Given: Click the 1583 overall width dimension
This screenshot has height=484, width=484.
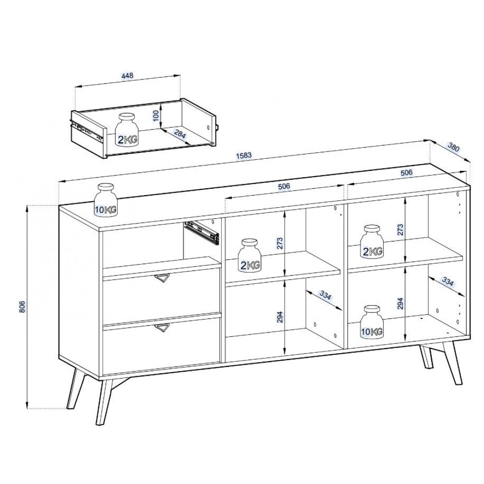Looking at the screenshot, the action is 244,155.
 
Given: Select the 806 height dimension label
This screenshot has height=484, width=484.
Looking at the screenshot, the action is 22,306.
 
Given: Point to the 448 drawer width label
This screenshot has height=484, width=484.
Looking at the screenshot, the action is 127,76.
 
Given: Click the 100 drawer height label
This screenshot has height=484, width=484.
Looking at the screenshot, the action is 156,116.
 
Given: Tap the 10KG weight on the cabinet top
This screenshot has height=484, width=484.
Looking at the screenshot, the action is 106,200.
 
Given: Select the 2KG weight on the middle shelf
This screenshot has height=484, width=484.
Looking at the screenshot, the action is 250,256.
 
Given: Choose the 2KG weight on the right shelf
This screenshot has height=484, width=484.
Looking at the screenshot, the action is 373,242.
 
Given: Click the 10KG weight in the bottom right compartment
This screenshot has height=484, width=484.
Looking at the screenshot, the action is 372,322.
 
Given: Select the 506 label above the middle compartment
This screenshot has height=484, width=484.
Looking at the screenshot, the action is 284,186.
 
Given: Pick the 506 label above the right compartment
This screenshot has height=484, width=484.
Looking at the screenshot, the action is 406,172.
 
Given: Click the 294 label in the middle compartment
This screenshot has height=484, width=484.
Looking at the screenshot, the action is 280,317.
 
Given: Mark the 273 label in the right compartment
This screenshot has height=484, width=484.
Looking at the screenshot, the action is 400,229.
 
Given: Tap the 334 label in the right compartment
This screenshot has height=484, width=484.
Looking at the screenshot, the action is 448,281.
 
